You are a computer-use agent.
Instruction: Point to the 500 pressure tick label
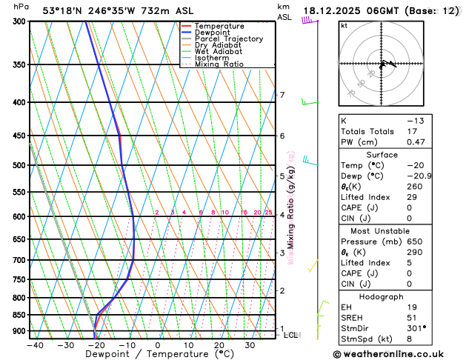point(19,165)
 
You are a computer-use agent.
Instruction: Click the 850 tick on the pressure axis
point(19,315)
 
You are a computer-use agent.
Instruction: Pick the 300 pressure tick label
point(19,21)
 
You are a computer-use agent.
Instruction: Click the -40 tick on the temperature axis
point(34,345)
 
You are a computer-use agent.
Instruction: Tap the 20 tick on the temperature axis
point(219,345)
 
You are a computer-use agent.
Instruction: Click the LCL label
point(291,335)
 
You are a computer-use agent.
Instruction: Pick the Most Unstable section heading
point(382,230)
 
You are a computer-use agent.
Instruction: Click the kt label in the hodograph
point(344,25)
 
